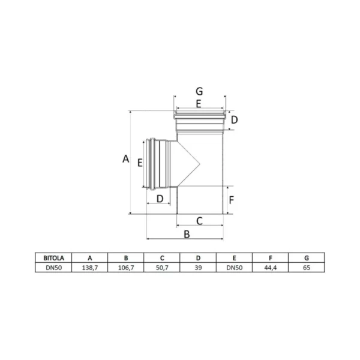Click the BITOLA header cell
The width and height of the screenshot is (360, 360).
click(53, 258)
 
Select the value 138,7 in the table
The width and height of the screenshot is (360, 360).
click(90, 268)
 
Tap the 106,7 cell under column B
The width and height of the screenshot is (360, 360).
click(126, 268)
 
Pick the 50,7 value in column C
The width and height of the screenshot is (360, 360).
click(162, 268)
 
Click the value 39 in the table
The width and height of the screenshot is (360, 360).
click(198, 268)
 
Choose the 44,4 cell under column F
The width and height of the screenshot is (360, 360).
click(271, 268)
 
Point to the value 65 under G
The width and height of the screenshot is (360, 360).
click(307, 268)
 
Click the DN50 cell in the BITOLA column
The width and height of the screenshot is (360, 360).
click(53, 268)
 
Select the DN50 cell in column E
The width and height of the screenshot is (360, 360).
click(234, 268)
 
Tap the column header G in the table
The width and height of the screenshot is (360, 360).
click(307, 258)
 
